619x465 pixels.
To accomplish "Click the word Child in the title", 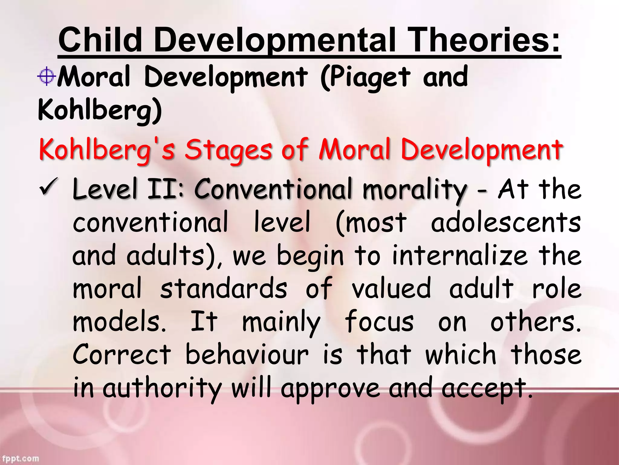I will (x=100, y=40).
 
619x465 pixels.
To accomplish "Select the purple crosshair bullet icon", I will (x=47, y=76).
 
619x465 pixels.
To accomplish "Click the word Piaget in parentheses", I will (x=365, y=77).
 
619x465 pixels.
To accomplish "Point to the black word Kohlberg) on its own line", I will (x=100, y=110).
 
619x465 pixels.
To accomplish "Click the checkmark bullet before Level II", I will (x=49, y=188).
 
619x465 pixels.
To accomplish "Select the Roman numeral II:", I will (x=166, y=189).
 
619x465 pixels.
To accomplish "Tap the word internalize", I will (x=460, y=256).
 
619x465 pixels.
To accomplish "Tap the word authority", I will (x=162, y=389).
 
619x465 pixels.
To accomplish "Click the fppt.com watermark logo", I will (x=20, y=459).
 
